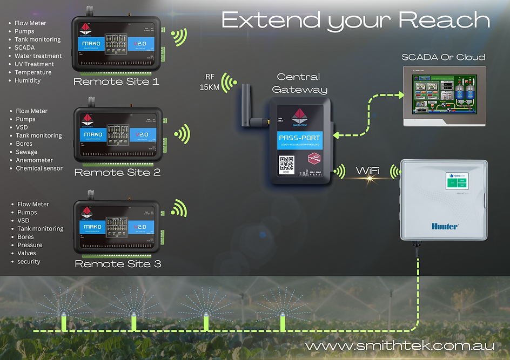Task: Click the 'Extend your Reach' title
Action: coord(355,21)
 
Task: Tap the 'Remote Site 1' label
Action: coord(117,82)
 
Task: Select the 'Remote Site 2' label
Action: coord(117,173)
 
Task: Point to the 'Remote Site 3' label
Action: coord(118,264)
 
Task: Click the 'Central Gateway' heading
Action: coord(299,83)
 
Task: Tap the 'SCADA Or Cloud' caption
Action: coord(443,57)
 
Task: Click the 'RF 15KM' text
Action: coord(210,82)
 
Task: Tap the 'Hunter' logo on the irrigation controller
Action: coord(444,227)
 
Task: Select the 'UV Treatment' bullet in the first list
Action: coord(35,64)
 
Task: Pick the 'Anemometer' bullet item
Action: coord(35,160)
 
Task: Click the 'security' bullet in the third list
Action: coord(29,262)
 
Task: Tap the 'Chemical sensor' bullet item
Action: coord(39,168)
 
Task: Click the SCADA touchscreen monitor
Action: coord(444,97)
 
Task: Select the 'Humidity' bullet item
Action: coord(28,80)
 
